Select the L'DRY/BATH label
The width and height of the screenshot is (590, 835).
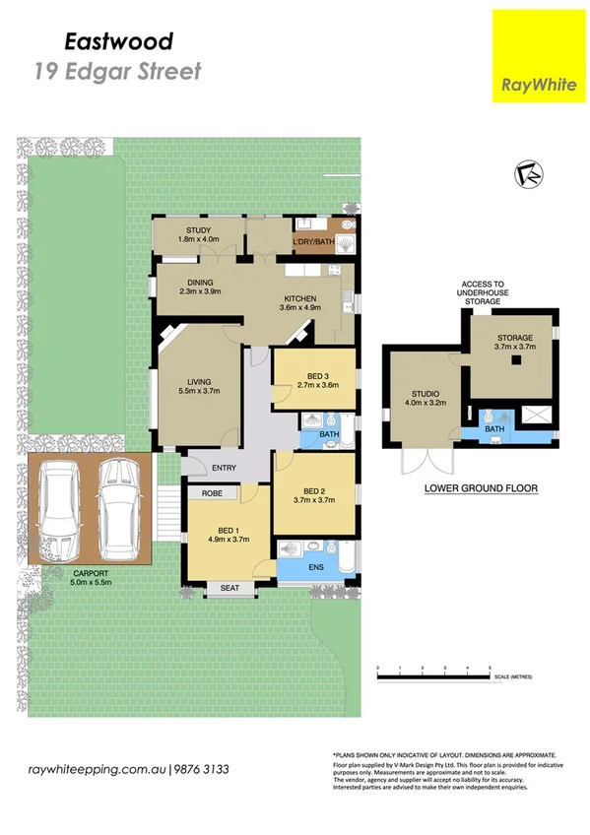tap(314, 241)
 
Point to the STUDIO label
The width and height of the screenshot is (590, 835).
tap(425, 397)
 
